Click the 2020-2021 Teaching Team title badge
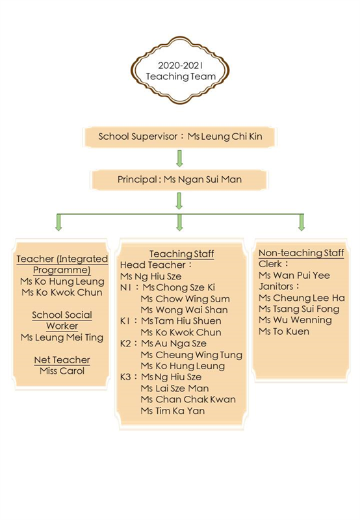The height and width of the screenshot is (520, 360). [180, 70]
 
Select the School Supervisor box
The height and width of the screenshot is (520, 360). [179, 136]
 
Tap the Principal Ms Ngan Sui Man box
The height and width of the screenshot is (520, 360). [179, 180]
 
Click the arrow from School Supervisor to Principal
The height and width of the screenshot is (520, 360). [179, 159]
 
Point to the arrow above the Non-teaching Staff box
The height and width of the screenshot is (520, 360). [302, 222]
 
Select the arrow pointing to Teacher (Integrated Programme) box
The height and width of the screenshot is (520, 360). [58, 222]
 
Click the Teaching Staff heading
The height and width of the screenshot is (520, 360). [182, 253]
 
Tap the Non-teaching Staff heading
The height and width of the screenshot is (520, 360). [301, 253]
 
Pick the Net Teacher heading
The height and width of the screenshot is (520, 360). [62, 360]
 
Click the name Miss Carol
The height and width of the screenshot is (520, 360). [62, 370]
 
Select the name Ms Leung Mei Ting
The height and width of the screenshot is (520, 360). [62, 337]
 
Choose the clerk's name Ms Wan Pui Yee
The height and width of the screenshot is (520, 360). [294, 275]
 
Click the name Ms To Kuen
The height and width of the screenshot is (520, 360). [284, 331]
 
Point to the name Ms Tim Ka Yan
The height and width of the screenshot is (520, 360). [172, 411]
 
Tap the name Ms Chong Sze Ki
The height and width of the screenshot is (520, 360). [179, 287]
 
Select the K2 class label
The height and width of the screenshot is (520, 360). [125, 344]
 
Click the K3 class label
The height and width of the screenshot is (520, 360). [125, 377]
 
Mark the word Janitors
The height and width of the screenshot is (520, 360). [276, 287]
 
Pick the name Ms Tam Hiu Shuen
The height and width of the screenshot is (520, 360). [181, 321]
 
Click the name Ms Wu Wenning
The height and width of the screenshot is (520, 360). [295, 320]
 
